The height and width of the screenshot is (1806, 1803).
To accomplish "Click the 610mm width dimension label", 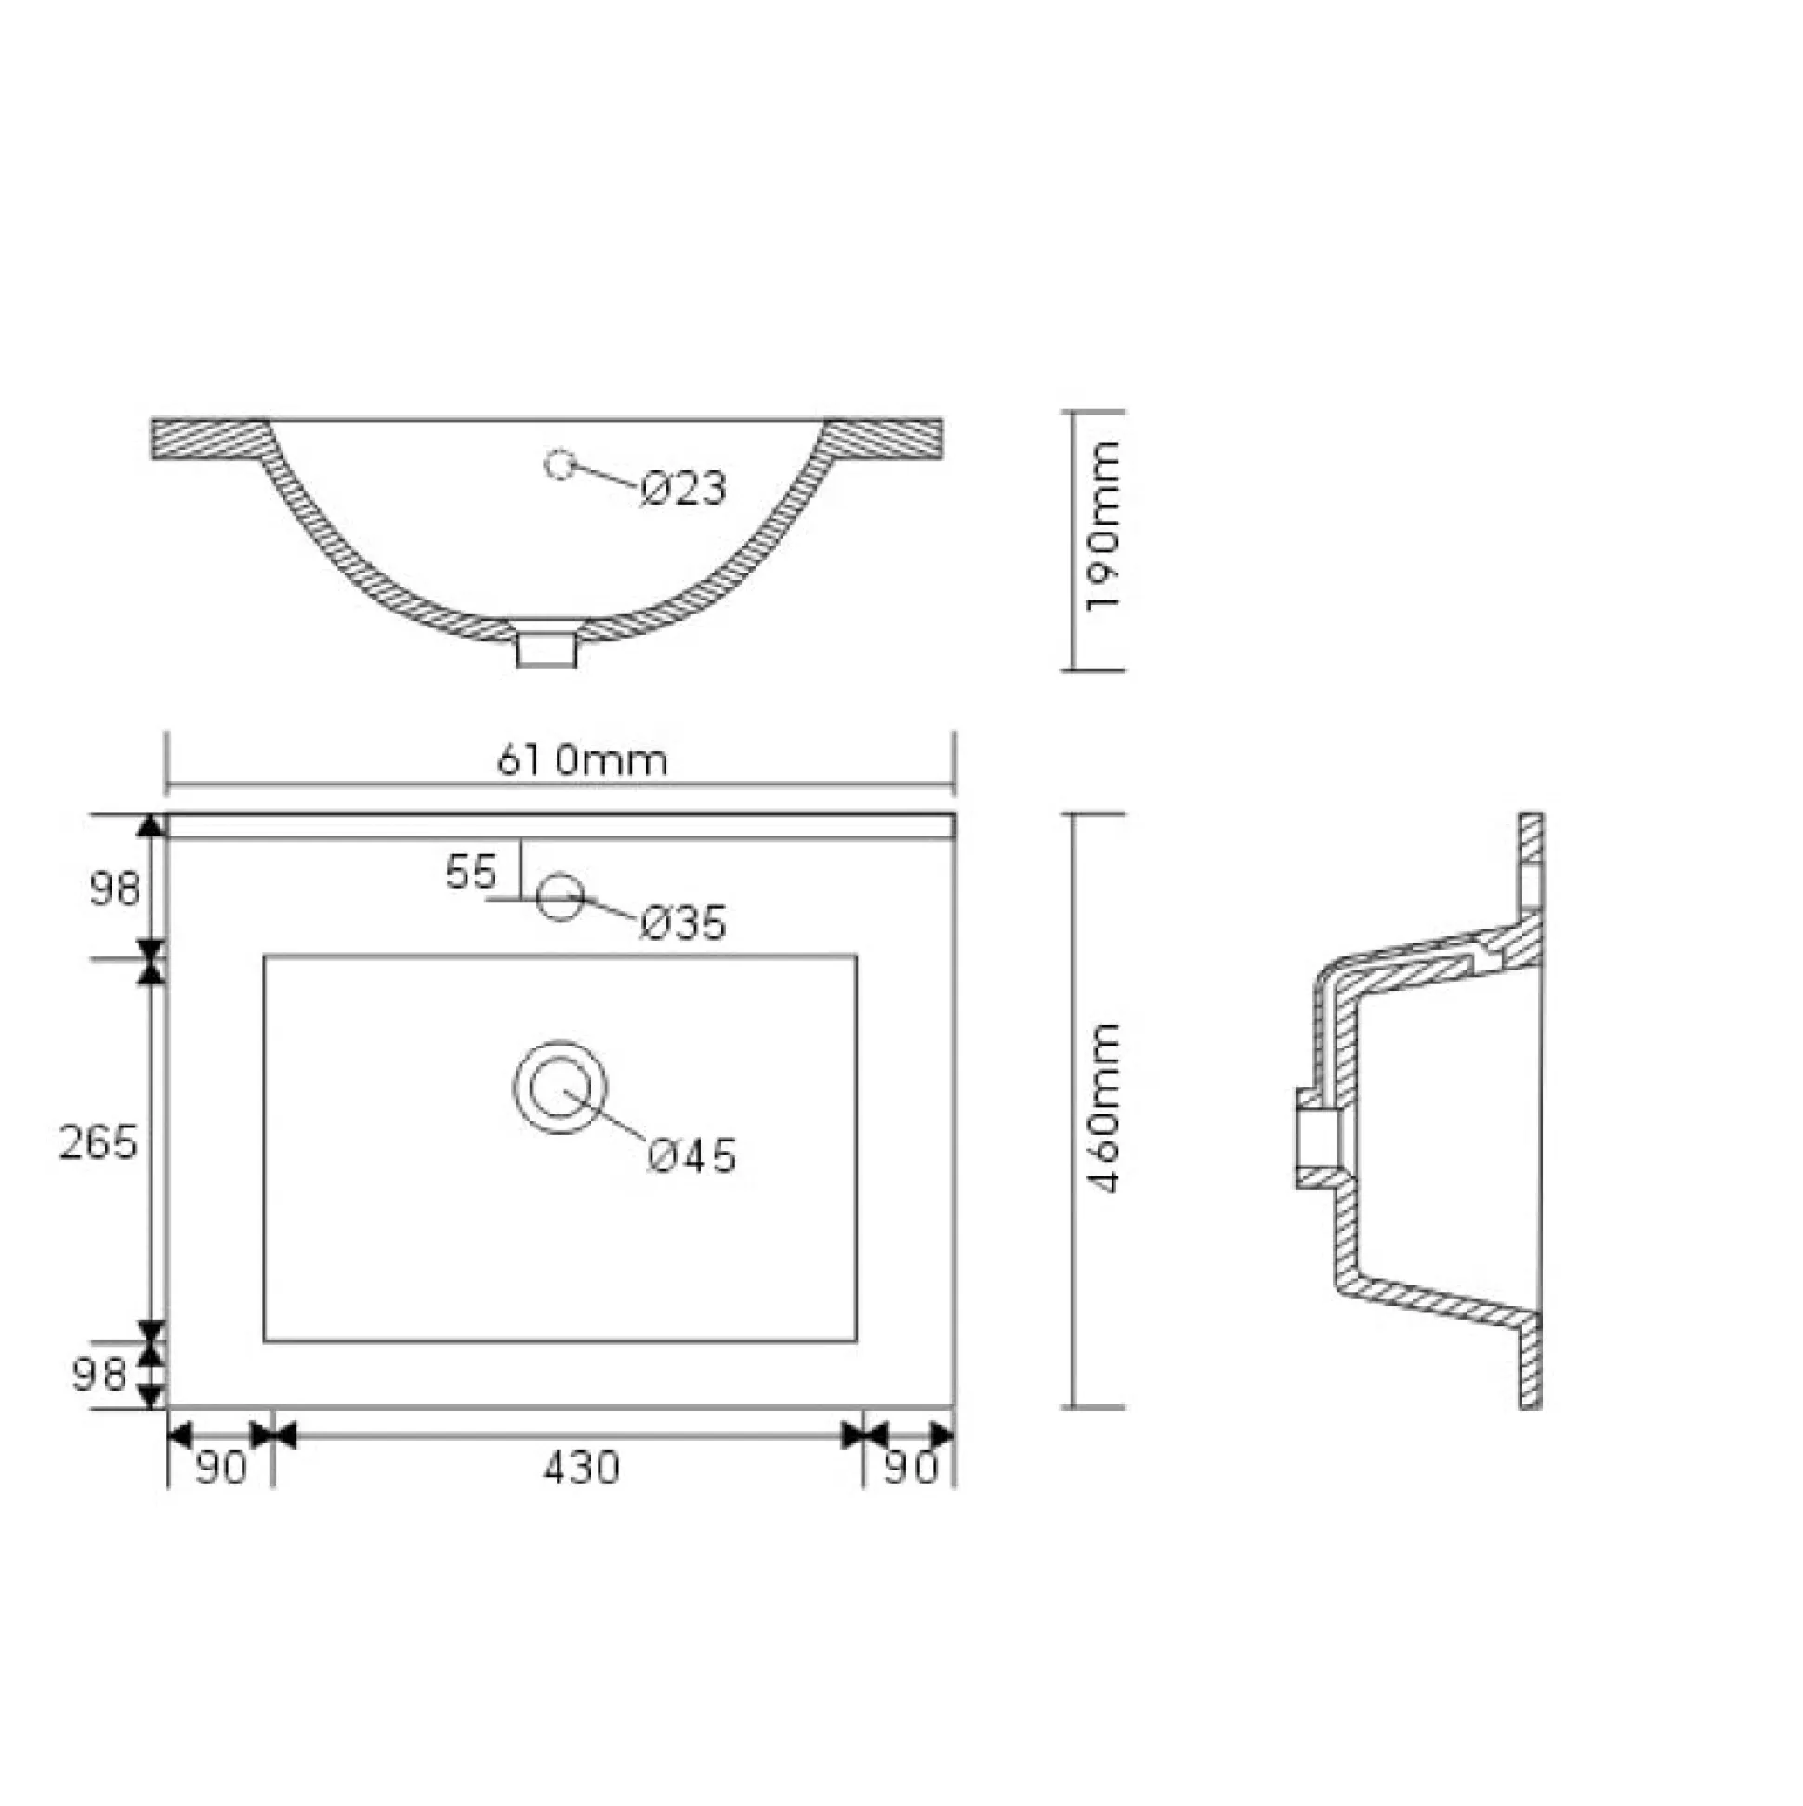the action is tap(582, 760).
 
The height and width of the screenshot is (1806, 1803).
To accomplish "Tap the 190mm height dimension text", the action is tap(1103, 526).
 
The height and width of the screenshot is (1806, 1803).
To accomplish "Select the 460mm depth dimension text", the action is tap(1104, 1109).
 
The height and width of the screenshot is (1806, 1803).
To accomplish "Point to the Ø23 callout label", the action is tap(684, 488).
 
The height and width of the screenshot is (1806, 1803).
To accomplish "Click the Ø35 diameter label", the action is tap(684, 923).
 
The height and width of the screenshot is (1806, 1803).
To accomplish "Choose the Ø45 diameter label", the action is tap(691, 1156).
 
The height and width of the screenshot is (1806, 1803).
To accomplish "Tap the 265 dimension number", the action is tap(99, 1142).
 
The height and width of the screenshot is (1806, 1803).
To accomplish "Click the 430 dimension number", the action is tap(582, 1468).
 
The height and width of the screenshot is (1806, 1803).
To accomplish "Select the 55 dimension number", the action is tap(471, 872).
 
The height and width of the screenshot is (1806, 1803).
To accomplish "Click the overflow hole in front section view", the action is tap(559, 465).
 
